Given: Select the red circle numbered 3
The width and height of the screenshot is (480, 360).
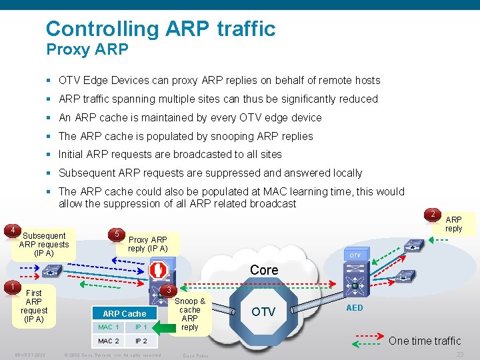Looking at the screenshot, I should click(169, 291).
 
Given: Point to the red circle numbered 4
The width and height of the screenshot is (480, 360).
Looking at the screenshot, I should click(11, 231).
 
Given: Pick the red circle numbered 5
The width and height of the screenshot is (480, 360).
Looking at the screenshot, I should click(117, 234).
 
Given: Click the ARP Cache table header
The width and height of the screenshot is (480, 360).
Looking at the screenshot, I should click(124, 313).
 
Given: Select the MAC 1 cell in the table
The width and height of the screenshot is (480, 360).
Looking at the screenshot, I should click(109, 327).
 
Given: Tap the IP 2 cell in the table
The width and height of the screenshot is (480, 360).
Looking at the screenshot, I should click(141, 341).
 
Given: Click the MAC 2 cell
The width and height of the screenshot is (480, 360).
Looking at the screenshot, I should click(109, 341).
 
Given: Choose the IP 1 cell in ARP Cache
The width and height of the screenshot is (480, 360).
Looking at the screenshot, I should click(141, 327).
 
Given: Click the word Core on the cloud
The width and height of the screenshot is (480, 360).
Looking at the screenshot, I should click(264, 270).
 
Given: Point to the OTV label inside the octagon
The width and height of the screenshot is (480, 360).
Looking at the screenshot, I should click(264, 312).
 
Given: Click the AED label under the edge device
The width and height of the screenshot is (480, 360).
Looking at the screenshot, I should click(355, 307).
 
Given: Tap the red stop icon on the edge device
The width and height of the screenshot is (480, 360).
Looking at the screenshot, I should click(158, 270).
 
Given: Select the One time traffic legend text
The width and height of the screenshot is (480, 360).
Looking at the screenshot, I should click(424, 341).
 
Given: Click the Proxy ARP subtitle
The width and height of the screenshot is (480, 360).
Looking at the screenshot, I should click(87, 49).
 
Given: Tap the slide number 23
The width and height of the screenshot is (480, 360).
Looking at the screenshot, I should click(459, 355).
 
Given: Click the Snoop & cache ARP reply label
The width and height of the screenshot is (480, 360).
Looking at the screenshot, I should click(190, 314).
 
